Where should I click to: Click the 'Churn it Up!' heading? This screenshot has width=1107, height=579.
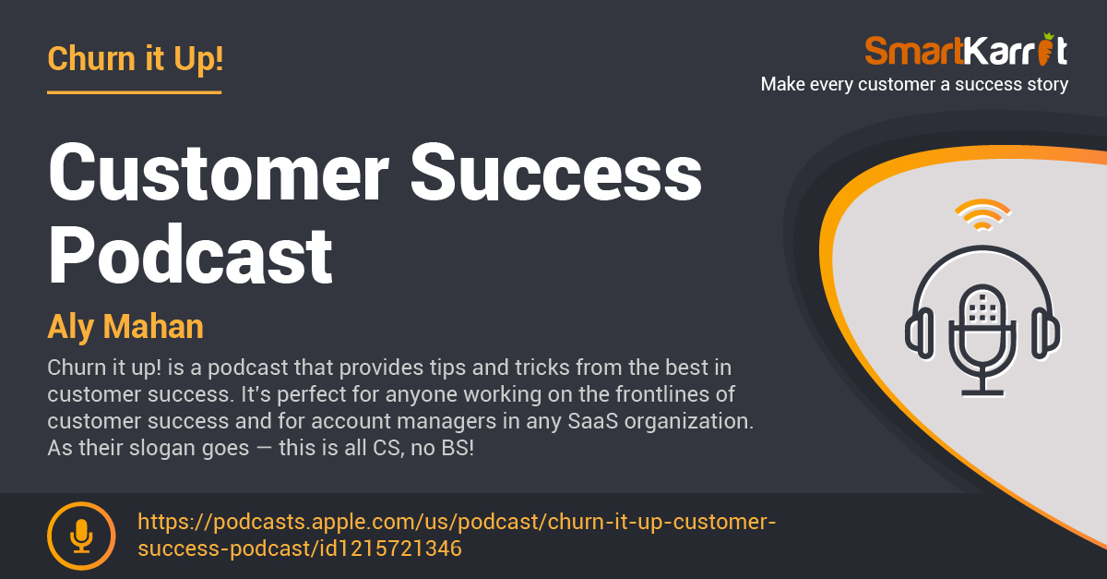[136, 59]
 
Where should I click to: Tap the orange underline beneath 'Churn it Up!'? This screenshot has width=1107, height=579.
[135, 92]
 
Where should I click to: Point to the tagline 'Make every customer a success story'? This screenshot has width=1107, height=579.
[914, 84]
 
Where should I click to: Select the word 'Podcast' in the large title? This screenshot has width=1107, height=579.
[190, 254]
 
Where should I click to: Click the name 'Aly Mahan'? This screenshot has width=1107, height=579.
[125, 327]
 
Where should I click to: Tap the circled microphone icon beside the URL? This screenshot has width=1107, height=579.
[81, 536]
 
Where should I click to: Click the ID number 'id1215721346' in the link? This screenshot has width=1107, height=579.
[390, 549]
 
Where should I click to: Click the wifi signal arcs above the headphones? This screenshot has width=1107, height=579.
[982, 215]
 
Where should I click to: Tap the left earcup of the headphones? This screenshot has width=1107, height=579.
[920, 332]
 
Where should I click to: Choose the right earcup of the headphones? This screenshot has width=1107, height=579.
[1045, 332]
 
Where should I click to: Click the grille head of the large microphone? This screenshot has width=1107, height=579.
[982, 306]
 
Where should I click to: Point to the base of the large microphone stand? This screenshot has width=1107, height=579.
[982, 393]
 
